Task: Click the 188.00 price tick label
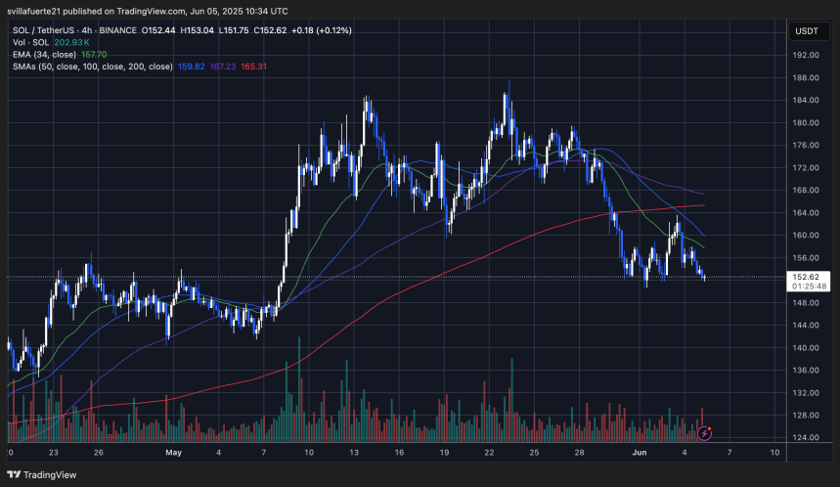[x=806, y=77]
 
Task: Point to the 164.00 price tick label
[x=806, y=212]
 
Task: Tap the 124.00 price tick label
[x=806, y=437]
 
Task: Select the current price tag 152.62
[x=807, y=277]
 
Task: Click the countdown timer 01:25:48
[x=807, y=288]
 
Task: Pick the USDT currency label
[x=806, y=31]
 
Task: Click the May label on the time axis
[x=174, y=453]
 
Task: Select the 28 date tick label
[x=579, y=453]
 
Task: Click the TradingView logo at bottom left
[x=44, y=473]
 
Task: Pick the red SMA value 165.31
[x=254, y=67]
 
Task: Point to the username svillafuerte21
[x=42, y=10]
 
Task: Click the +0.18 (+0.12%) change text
[x=317, y=30]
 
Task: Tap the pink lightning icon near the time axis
[x=705, y=431]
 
